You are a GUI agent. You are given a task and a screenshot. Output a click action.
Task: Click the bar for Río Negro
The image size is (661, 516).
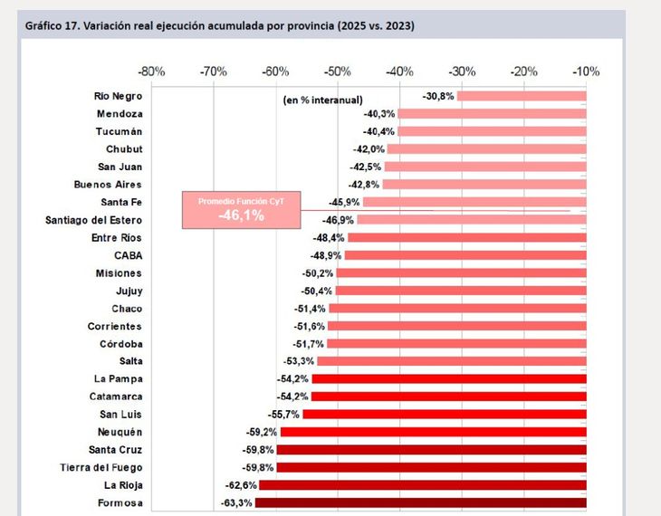(522, 96)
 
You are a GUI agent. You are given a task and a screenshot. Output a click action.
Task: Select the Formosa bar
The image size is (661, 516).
(421, 502)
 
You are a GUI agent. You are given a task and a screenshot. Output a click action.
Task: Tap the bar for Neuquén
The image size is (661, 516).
(434, 432)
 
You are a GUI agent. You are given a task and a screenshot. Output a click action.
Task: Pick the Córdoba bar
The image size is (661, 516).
(456, 344)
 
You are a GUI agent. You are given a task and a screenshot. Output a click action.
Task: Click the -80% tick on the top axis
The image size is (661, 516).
(150, 72)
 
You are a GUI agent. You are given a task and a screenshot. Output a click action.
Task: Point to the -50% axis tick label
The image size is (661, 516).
(337, 72)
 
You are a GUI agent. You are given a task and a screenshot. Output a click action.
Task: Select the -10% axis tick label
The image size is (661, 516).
(586, 72)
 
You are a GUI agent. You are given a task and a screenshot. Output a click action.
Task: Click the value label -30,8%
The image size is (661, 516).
(438, 96)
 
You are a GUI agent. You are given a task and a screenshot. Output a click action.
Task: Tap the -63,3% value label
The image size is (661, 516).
(236, 502)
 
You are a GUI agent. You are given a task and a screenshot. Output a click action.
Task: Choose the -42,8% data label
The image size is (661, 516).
(365, 185)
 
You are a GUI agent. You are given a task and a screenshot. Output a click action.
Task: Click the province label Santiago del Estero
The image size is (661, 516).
(94, 220)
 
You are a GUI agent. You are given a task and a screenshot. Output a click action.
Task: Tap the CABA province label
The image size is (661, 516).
(128, 255)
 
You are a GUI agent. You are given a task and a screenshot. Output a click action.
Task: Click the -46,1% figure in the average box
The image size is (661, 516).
(241, 216)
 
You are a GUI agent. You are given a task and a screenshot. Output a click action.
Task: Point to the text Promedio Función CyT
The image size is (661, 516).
(241, 201)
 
